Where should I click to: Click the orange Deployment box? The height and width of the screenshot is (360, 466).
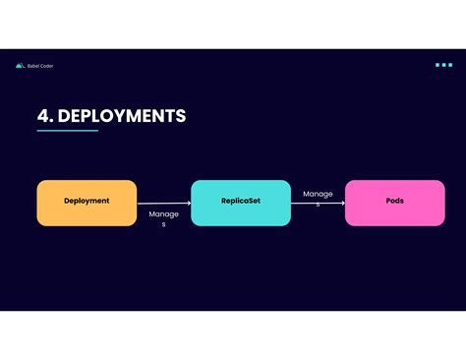[x=87, y=203]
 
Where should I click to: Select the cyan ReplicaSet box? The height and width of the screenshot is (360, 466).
[x=241, y=203]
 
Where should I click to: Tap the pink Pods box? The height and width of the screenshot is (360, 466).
[x=394, y=203]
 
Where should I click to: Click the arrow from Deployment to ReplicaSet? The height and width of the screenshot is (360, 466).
[x=163, y=203]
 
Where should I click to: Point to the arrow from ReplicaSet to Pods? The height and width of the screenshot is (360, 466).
[x=318, y=203]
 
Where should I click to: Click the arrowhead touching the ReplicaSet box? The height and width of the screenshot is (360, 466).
[x=189, y=203]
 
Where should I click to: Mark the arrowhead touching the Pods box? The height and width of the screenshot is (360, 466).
[x=343, y=203]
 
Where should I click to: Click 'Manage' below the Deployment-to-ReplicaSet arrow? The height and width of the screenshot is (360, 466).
[x=163, y=213]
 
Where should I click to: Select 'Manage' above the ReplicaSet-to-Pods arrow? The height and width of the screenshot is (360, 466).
[x=318, y=194]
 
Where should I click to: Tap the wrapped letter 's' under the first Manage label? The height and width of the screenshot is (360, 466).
[x=163, y=225]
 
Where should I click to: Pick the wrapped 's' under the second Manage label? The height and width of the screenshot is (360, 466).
[x=318, y=204]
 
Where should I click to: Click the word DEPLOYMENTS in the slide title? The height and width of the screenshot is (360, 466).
[x=122, y=116]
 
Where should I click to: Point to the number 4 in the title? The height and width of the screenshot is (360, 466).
[x=43, y=116]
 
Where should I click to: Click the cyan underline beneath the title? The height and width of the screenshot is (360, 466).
[x=68, y=131]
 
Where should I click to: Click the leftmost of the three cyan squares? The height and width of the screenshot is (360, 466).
[x=437, y=65]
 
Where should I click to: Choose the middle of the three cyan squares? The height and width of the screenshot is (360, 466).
[x=443, y=65]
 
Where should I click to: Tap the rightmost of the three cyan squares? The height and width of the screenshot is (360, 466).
[x=450, y=65]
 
